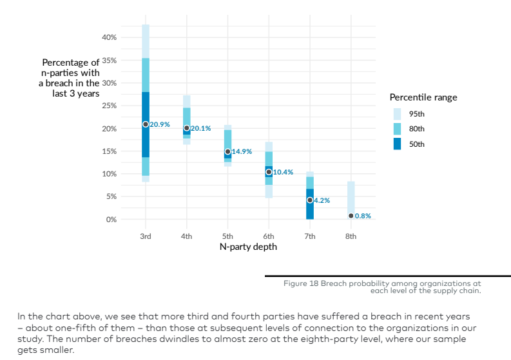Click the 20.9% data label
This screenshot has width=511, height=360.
pyautogui.click(x=160, y=124)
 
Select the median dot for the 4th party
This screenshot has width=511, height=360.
pyautogui.click(x=187, y=128)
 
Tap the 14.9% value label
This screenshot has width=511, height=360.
pyautogui.click(x=242, y=151)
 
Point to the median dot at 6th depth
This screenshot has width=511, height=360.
pyautogui.click(x=269, y=172)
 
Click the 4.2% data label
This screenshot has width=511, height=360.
pyautogui.click(x=322, y=200)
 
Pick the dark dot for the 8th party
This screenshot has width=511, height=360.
pyautogui.click(x=351, y=216)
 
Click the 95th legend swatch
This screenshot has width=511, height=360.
pyautogui.click(x=397, y=114)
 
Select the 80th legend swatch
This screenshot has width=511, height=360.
pyautogui.click(x=397, y=129)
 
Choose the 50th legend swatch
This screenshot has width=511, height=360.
pyautogui.click(x=397, y=144)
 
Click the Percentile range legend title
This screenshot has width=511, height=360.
pyautogui.click(x=423, y=97)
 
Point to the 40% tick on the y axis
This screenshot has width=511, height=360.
pyautogui.click(x=109, y=38)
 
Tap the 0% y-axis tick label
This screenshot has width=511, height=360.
pyautogui.click(x=111, y=220)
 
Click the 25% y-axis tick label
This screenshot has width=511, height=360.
pyautogui.click(x=109, y=106)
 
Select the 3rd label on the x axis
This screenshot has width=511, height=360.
pyautogui.click(x=146, y=236)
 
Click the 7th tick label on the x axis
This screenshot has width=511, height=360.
pyautogui.click(x=310, y=236)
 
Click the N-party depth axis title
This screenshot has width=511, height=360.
pyautogui.click(x=247, y=247)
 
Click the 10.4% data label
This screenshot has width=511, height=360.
pyautogui.click(x=283, y=172)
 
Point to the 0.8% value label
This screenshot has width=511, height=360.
pyautogui.click(x=363, y=216)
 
